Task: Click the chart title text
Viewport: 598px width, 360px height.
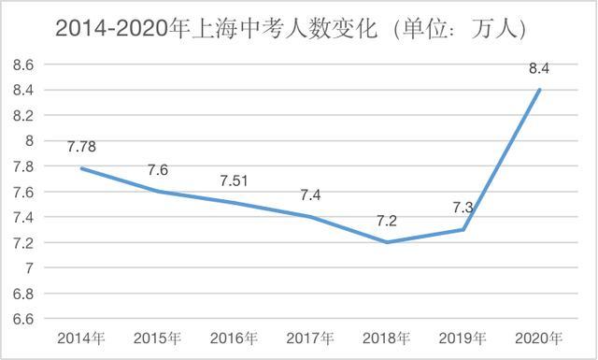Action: click(x=291, y=29)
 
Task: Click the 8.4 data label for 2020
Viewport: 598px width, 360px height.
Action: click(x=540, y=66)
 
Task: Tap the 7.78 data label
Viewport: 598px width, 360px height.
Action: click(x=81, y=147)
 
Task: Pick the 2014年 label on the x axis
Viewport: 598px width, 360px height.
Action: click(x=80, y=338)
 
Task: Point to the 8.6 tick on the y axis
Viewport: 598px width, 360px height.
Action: click(x=23, y=65)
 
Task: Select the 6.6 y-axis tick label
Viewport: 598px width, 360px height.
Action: click(x=23, y=319)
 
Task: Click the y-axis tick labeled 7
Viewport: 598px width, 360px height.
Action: click(x=29, y=268)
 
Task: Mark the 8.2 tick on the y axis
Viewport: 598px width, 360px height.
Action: click(x=23, y=115)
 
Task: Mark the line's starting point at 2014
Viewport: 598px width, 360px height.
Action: click(x=81, y=168)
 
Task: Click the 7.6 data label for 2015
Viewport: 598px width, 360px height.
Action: click(x=158, y=169)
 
